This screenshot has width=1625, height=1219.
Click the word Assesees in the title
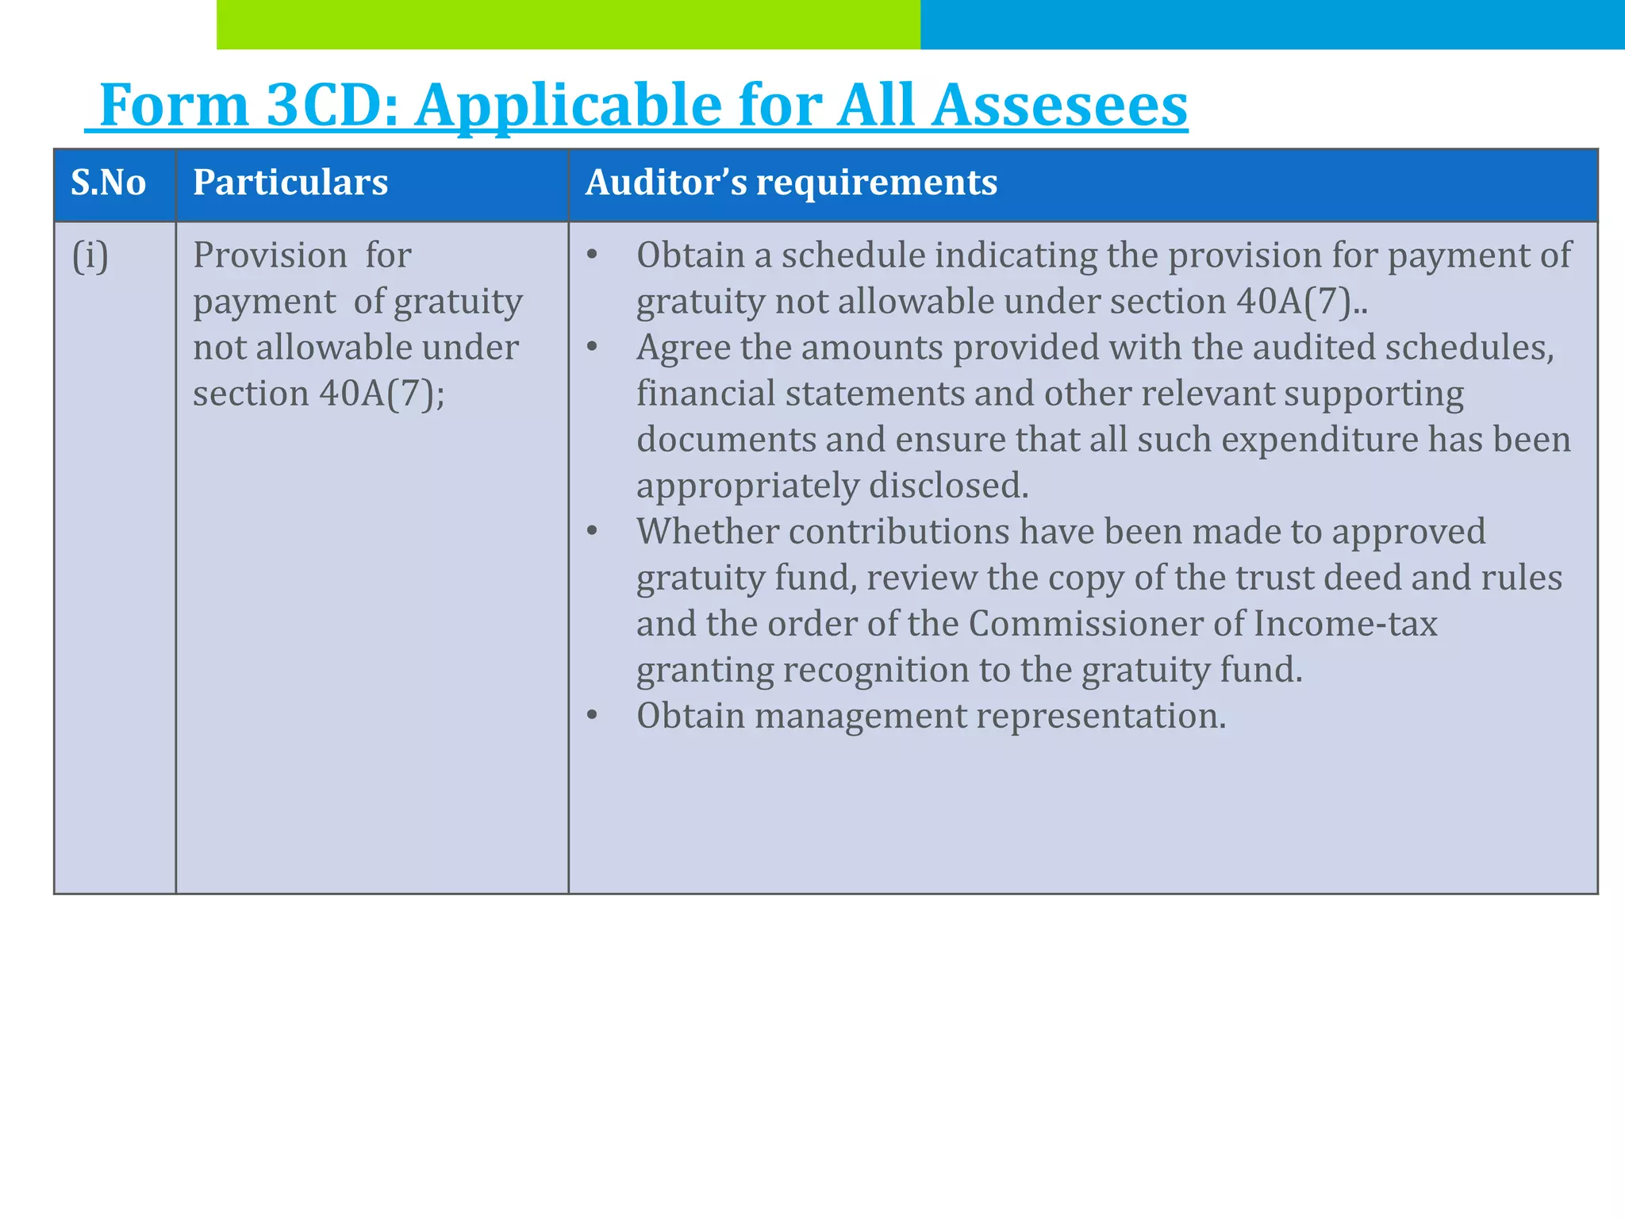tap(1058, 105)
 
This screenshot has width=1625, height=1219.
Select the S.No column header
tap(109, 183)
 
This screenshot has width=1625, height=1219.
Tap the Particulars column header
tap(290, 183)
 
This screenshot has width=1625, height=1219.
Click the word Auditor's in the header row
tap(666, 183)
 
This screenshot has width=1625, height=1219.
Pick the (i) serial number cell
tap(90, 256)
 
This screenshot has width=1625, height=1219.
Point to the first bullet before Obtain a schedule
tap(591, 256)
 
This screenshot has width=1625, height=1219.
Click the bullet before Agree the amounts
tap(591, 348)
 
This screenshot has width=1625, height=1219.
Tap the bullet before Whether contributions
tap(591, 532)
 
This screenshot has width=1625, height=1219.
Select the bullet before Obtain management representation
tap(591, 716)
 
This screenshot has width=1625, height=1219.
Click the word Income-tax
tap(1345, 624)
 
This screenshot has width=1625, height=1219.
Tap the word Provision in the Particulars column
tap(270, 256)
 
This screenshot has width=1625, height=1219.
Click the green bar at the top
tap(568, 25)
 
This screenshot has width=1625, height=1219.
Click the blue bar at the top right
tap(1272, 25)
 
